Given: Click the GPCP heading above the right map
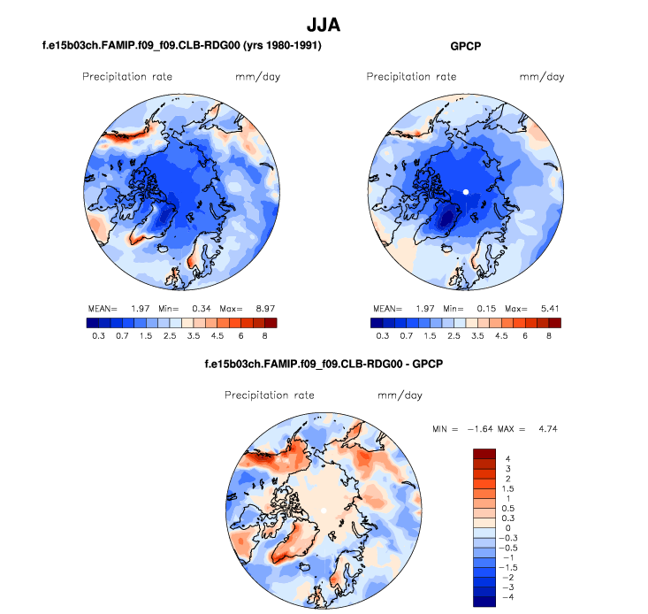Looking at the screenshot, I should coord(465,45).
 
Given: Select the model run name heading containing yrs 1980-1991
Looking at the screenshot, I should coord(181,45).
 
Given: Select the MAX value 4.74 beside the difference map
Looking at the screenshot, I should coord(545,428).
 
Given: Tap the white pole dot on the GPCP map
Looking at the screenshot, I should coord(465,191).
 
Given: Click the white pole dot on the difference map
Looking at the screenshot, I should coord(324,511).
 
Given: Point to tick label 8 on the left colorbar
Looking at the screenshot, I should coord(263,336).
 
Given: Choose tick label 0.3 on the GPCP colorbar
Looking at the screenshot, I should coord(383,336).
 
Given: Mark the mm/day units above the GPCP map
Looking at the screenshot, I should coord(541,77).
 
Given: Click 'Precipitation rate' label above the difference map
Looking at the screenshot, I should coord(270,395).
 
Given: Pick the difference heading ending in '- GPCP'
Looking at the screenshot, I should coord(324,363).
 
